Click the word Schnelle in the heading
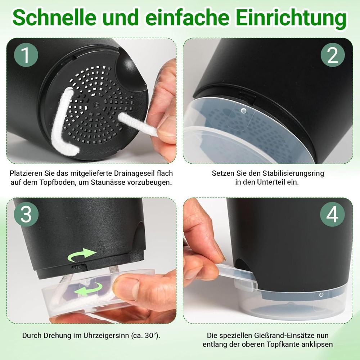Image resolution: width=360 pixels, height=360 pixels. pos(54,18)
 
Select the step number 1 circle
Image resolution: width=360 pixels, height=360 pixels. pos(26,55)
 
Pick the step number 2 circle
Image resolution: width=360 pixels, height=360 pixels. pos(333,55)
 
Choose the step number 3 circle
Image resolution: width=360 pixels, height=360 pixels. pos(26,215)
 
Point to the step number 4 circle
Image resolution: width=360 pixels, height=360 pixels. pos(332,215)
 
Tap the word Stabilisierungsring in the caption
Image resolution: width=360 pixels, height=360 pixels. pos(293,173)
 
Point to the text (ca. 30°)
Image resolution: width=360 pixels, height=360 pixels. pos(146,336)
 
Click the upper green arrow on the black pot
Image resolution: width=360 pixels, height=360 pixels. pos(81,255)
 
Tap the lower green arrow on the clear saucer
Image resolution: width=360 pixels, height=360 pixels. pos(88,289)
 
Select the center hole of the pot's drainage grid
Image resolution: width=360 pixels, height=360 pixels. pos(95,105)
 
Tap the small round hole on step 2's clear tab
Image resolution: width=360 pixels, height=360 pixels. pos(244,111)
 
